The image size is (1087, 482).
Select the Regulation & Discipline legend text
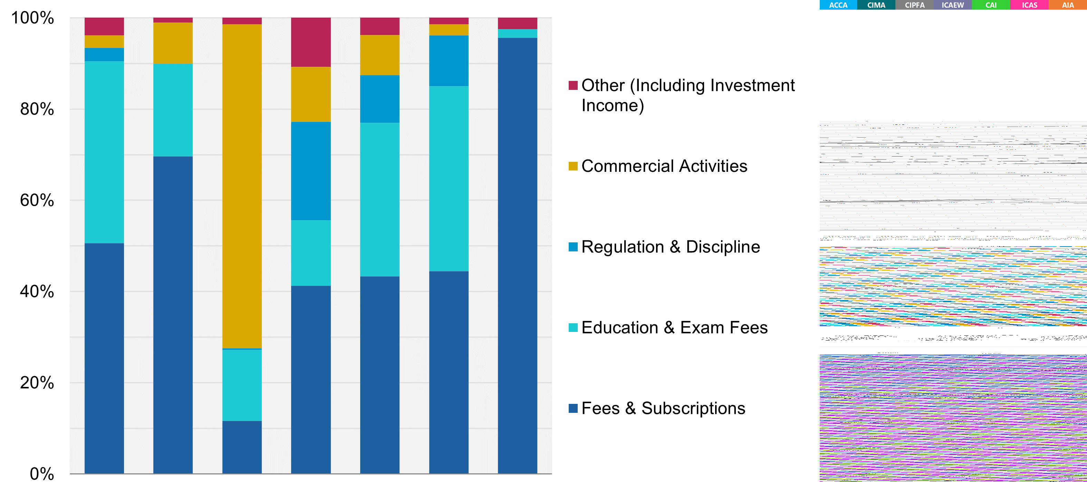point(670,247)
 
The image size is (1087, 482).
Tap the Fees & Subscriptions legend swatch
point(573,408)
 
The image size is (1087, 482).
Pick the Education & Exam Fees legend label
point(674,327)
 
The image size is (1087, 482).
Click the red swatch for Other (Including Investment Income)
point(573,85)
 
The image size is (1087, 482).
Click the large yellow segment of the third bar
point(242,186)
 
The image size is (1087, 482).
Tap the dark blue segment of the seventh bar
point(517,253)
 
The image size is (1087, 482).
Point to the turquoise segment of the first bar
point(104,152)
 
